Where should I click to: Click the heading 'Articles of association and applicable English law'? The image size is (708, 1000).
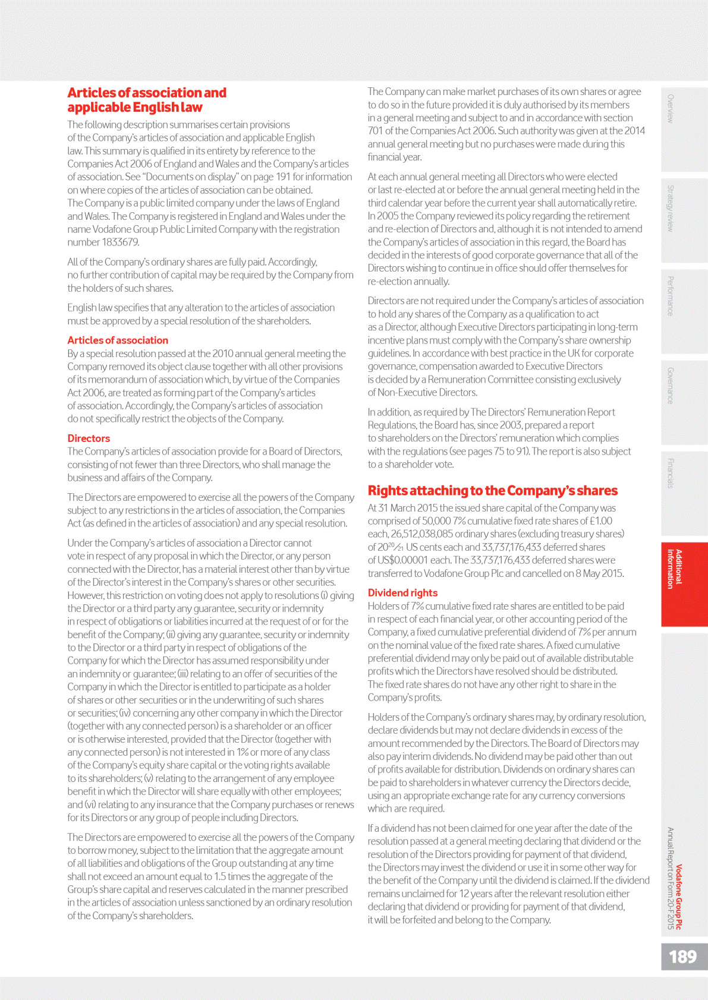pyautogui.click(x=147, y=100)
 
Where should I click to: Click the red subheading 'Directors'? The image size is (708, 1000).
pyautogui.click(x=89, y=439)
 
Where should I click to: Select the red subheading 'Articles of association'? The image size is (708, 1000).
pyautogui.click(x=118, y=340)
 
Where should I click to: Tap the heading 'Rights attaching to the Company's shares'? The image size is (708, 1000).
pyautogui.click(x=492, y=491)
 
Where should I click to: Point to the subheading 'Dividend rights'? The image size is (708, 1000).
pyautogui.click(x=402, y=593)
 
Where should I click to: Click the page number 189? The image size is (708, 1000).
pyautogui.click(x=682, y=957)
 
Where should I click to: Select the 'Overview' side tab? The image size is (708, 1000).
pyautogui.click(x=671, y=109)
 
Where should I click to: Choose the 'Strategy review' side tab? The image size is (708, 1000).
pyautogui.click(x=671, y=209)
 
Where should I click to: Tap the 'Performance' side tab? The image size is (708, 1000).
pyautogui.click(x=671, y=296)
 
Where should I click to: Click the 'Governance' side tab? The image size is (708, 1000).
pyautogui.click(x=671, y=386)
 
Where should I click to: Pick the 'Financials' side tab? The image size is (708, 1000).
pyautogui.click(x=671, y=473)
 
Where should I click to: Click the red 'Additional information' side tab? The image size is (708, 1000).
pyautogui.click(x=674, y=569)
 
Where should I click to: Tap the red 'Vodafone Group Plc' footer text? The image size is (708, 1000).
pyautogui.click(x=679, y=897)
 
